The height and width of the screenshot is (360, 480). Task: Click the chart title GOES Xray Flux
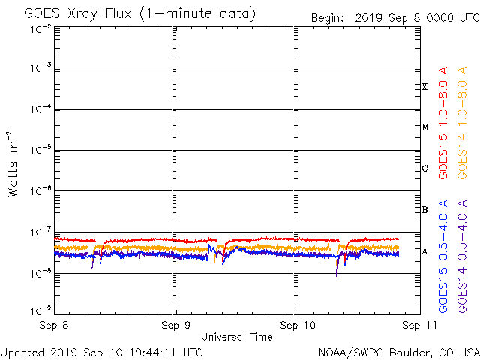click(77, 13)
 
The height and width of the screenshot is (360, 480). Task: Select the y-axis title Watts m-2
click(12, 164)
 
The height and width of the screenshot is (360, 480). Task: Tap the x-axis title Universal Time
click(237, 337)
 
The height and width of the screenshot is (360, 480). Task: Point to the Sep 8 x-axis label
click(54, 325)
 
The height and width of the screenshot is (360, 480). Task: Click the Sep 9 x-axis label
click(175, 325)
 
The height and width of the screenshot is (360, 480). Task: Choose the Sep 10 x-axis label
click(298, 325)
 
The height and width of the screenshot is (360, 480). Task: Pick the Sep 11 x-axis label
click(419, 325)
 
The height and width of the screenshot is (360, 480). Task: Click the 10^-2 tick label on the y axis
click(40, 30)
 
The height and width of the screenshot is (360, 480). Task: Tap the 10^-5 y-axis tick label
click(40, 150)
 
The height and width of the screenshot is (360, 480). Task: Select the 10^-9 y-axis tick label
click(40, 310)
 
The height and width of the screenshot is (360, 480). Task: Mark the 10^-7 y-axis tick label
click(40, 232)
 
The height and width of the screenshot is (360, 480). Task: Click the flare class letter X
click(424, 87)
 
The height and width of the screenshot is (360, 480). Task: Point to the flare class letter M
click(425, 127)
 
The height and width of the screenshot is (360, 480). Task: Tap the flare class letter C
click(424, 168)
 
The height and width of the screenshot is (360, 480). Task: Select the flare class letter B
click(424, 210)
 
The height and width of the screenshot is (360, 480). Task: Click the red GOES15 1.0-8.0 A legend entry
click(442, 122)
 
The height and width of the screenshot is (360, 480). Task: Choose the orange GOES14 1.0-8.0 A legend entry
click(462, 122)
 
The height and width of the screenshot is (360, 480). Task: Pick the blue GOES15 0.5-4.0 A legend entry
click(442, 256)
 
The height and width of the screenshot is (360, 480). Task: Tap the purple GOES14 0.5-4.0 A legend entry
click(462, 256)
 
